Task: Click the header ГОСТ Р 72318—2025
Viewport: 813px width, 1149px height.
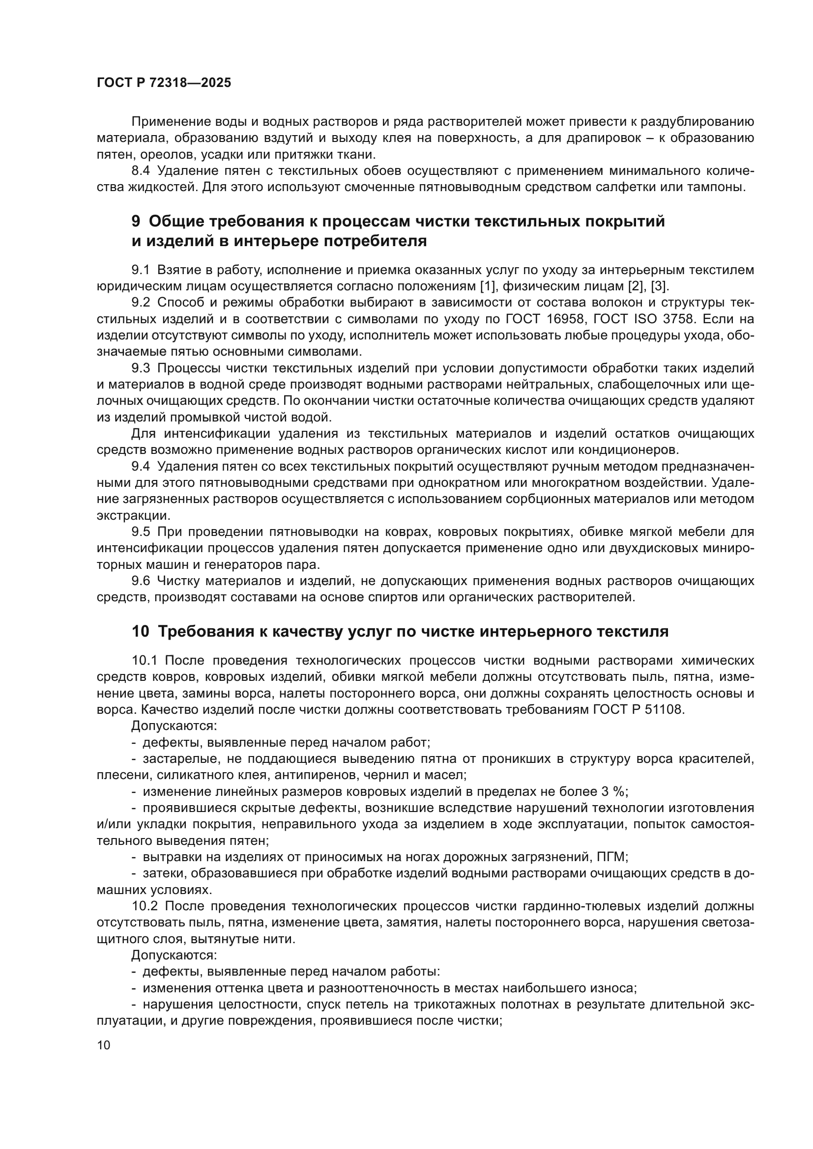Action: pyautogui.click(x=164, y=83)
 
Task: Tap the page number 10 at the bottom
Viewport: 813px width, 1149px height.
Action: pyautogui.click(x=104, y=1045)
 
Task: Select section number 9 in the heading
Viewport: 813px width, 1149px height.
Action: pyautogui.click(x=136, y=221)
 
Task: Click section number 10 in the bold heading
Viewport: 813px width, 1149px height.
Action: pyautogui.click(x=140, y=632)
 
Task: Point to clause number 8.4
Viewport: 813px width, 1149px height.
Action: pyautogui.click(x=140, y=170)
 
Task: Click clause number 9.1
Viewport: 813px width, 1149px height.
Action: pyautogui.click(x=140, y=270)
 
